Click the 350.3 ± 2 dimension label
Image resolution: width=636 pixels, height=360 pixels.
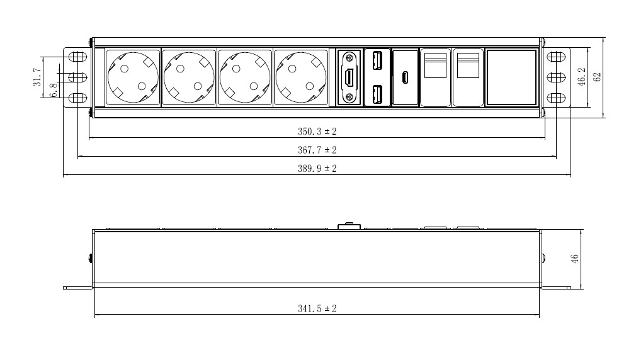point(317,132)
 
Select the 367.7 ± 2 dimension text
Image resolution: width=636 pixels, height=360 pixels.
point(317,150)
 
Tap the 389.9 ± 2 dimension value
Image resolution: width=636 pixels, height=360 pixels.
point(317,168)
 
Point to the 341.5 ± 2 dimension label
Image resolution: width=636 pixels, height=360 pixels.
point(317,308)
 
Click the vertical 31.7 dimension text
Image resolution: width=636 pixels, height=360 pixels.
point(37,77)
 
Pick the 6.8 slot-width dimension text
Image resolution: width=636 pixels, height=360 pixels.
point(53,90)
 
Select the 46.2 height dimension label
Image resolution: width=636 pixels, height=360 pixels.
point(582,77)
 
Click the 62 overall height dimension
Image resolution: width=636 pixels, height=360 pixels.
point(597,77)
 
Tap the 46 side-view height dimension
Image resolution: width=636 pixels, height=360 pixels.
point(574,259)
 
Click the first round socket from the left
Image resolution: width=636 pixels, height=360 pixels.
point(133,77)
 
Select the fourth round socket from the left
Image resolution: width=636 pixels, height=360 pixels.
point(301,77)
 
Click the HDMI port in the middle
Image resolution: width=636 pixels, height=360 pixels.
point(349,77)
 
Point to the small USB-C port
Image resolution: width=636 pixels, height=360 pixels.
point(405,77)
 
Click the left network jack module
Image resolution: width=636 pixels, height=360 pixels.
point(435,77)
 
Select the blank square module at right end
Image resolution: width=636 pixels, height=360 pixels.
point(511,77)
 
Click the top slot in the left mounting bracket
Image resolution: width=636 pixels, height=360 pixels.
point(77,57)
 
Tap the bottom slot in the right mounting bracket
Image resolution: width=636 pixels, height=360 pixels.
point(556,98)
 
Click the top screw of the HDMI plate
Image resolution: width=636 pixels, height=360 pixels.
point(349,57)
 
